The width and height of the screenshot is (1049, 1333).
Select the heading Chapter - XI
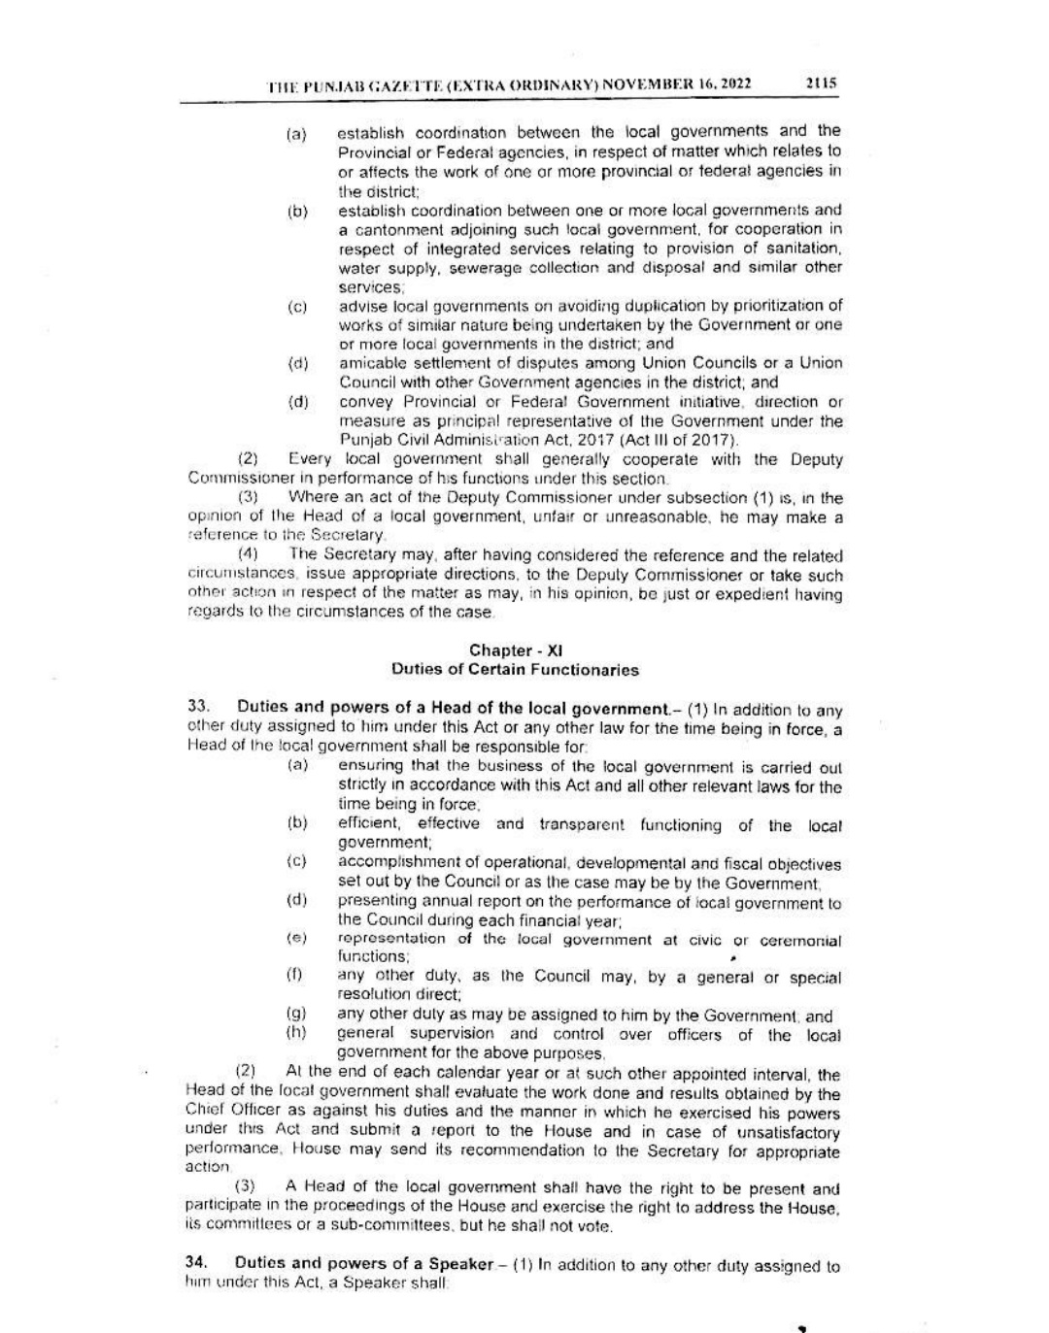pos(515,650)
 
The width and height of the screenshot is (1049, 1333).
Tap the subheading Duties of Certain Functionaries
pos(515,669)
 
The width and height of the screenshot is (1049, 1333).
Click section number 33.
pos(198,708)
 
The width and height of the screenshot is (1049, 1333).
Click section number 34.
pos(198,1265)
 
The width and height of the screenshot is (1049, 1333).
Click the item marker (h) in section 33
pos(297,1033)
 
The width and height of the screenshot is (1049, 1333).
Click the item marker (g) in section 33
pos(297,1015)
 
